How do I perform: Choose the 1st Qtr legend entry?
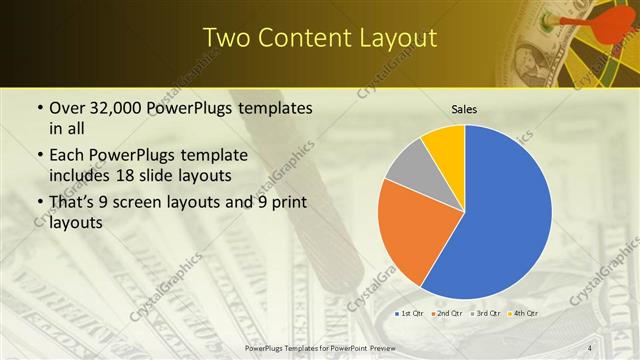pyautogui.click(x=408, y=314)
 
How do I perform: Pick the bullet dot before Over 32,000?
pyautogui.click(x=39, y=108)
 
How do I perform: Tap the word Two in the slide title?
pyautogui.click(x=227, y=38)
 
